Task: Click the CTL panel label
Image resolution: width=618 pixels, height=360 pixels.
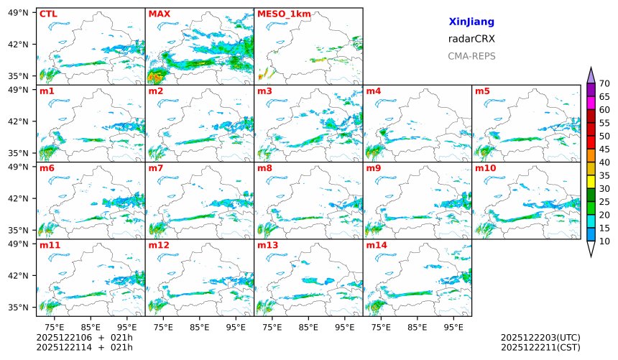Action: click(48, 14)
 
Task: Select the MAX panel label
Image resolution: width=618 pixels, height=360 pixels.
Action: click(157, 14)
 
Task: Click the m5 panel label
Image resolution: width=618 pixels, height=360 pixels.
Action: click(482, 91)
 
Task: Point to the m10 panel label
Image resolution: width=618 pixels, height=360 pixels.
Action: click(485, 168)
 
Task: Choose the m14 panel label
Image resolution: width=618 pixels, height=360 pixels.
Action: click(376, 245)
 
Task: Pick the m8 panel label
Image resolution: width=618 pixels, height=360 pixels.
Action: click(264, 168)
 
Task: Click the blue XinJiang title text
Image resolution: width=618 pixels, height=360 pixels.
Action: click(471, 22)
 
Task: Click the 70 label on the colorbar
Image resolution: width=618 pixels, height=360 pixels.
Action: click(604, 83)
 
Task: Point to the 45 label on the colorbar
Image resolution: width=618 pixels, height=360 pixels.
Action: click(604, 149)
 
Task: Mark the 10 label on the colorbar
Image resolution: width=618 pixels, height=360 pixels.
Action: click(604, 241)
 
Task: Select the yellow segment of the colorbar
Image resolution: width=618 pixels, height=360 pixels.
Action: click(591, 182)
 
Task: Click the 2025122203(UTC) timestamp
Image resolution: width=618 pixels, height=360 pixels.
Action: click(540, 337)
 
